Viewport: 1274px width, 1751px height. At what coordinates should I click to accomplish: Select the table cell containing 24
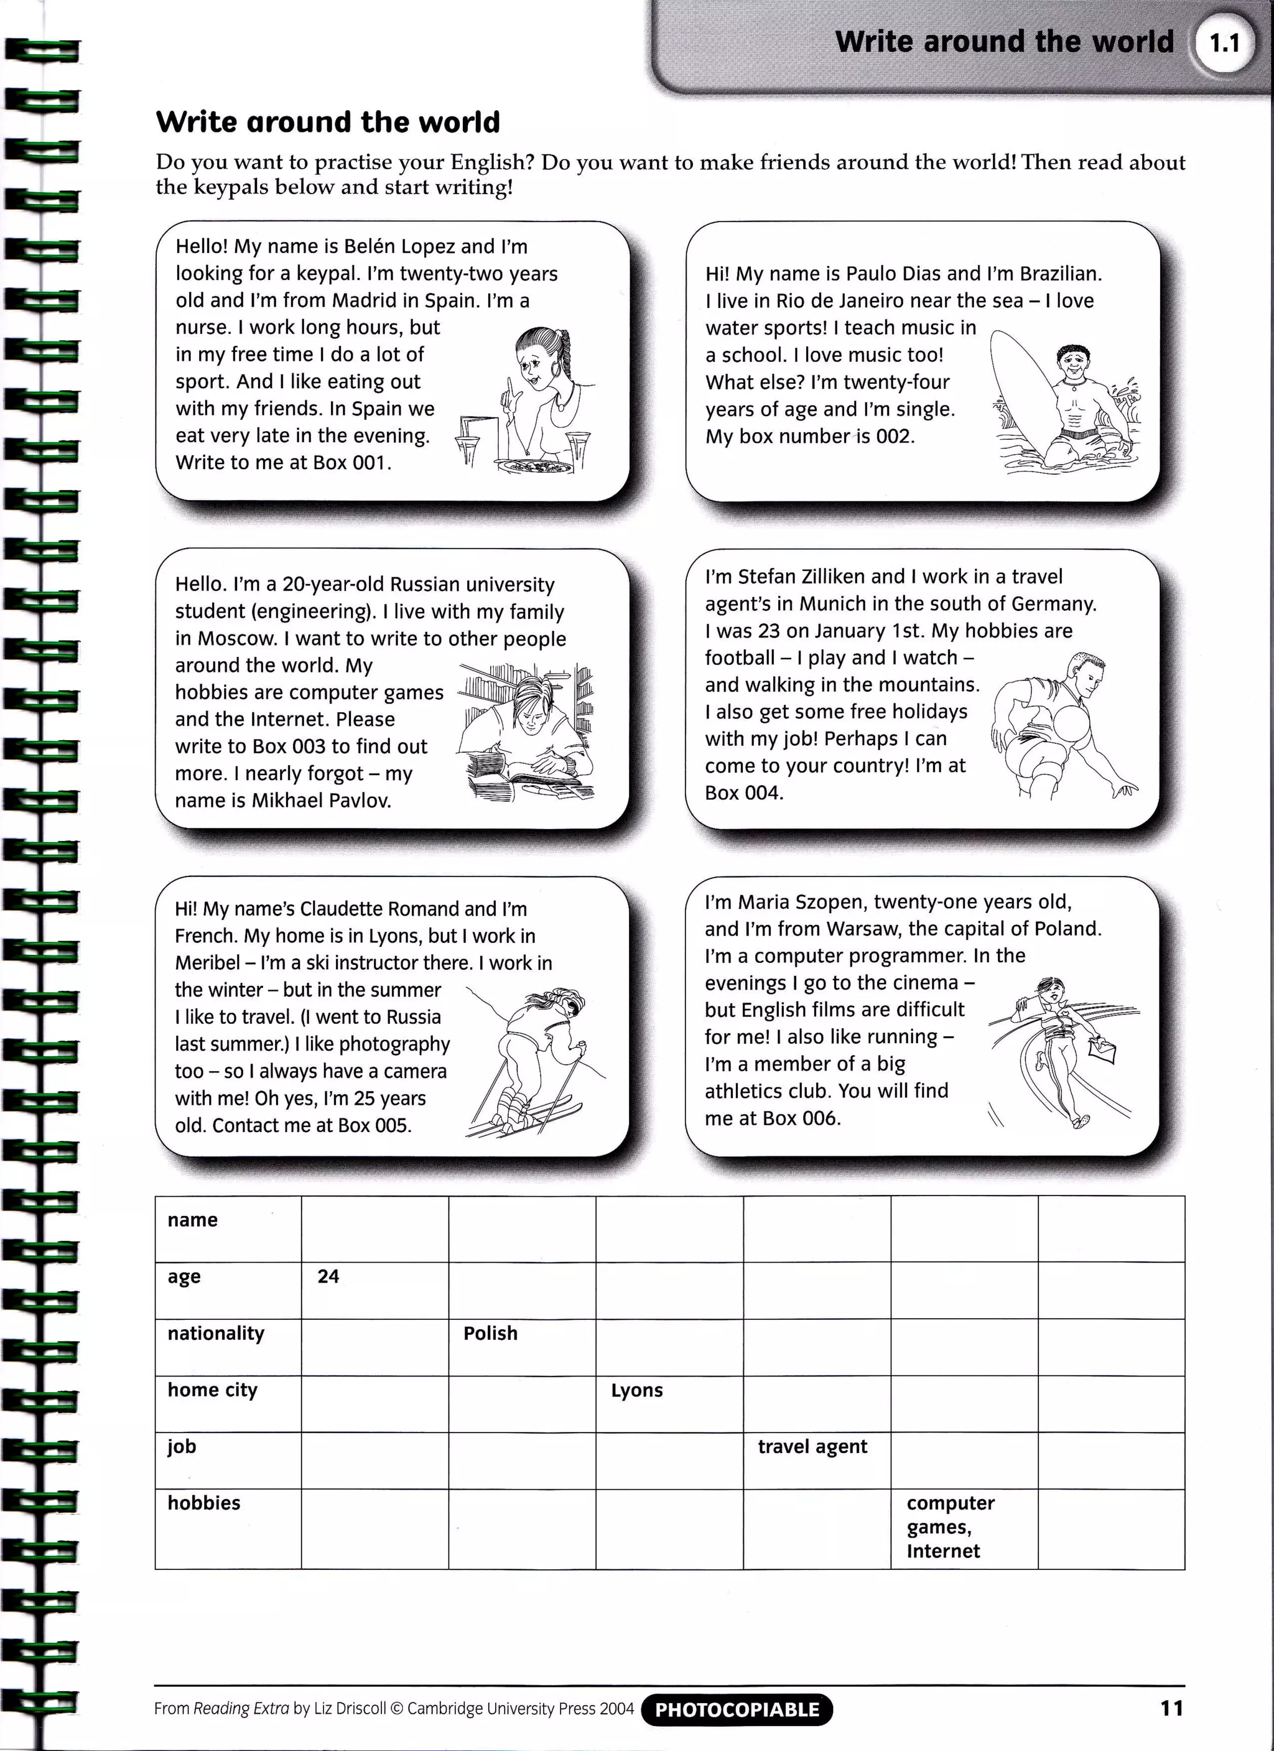click(374, 1290)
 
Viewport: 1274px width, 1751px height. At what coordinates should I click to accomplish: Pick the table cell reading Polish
click(522, 1347)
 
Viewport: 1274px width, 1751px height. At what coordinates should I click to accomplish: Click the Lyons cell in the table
click(669, 1403)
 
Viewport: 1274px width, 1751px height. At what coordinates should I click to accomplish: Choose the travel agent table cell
click(816, 1460)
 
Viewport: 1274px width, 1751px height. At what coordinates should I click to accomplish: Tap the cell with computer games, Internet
click(964, 1528)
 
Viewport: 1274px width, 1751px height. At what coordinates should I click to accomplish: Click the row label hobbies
click(204, 1502)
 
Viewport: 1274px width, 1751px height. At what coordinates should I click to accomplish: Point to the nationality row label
click(216, 1334)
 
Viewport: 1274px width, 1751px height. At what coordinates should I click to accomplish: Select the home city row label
click(212, 1390)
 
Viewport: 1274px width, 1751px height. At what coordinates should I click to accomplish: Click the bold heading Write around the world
click(328, 122)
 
